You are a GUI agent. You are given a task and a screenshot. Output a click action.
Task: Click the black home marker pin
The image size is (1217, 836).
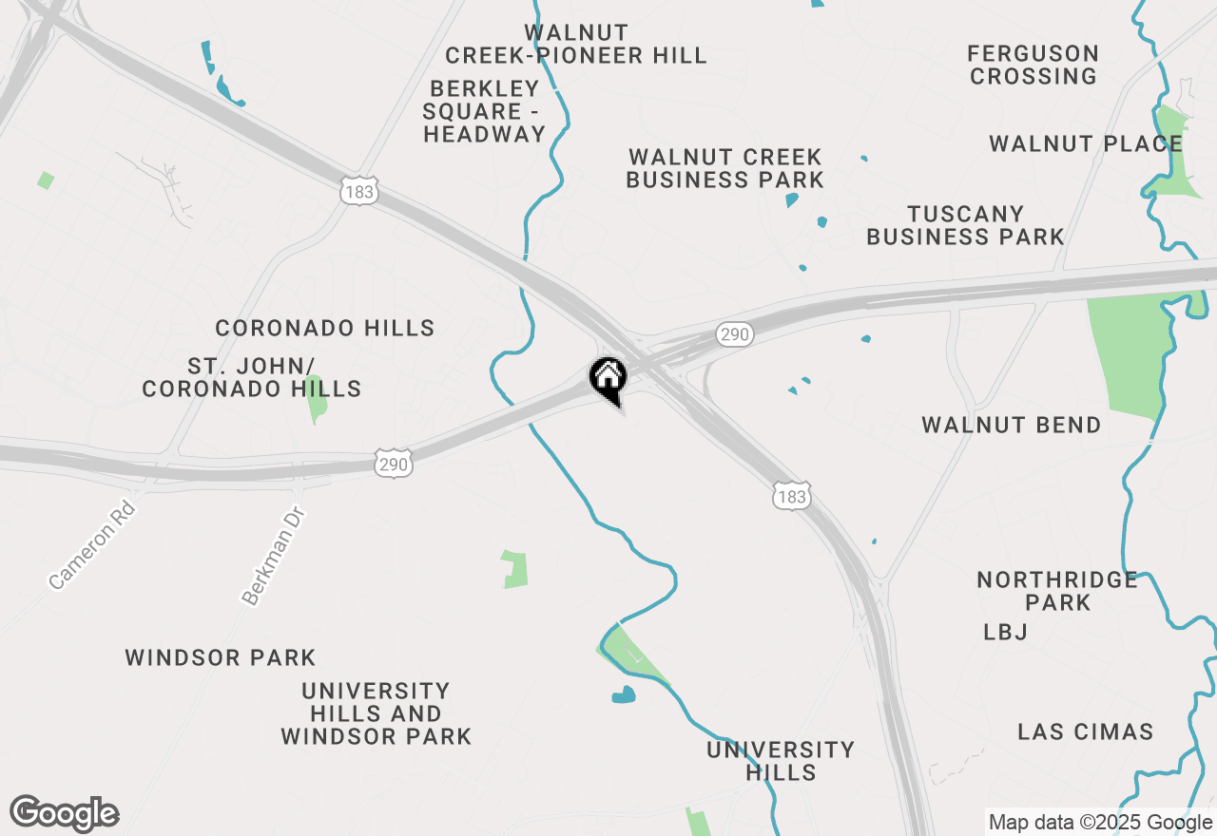tap(608, 379)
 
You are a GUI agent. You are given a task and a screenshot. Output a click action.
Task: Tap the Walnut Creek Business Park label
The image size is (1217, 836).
tap(724, 168)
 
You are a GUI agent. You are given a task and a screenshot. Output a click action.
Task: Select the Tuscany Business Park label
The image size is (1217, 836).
tap(965, 225)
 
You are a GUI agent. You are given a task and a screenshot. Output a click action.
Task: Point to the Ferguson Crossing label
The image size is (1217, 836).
tap(1033, 65)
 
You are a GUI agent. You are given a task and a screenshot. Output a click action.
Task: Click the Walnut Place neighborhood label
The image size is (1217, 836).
tap(1086, 144)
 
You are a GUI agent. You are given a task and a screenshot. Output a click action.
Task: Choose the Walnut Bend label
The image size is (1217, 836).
tap(1012, 425)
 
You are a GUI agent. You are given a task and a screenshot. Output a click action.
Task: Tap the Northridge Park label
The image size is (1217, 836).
tap(1057, 591)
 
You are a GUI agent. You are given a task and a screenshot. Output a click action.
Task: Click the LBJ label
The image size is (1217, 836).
tap(1006, 632)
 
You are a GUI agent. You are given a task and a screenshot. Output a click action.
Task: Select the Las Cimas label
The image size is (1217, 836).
tap(1086, 731)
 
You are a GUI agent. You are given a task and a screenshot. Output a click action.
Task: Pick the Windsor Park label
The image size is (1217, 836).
tap(221, 657)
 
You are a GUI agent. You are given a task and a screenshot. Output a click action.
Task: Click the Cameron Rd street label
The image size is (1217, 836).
tap(93, 544)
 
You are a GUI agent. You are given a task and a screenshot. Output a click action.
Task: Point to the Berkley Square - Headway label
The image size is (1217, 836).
tap(485, 111)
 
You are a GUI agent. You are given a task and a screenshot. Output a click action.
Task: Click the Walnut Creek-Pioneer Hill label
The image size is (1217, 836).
tap(576, 45)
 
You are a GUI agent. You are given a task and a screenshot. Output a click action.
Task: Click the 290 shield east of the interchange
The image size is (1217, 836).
tap(735, 334)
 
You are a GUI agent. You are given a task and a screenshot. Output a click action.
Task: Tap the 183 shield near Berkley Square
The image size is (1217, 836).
tap(360, 192)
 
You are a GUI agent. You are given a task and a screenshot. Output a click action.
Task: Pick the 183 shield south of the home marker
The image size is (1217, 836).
tap(791, 497)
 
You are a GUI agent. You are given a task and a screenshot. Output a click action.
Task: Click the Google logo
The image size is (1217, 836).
tap(64, 813)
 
